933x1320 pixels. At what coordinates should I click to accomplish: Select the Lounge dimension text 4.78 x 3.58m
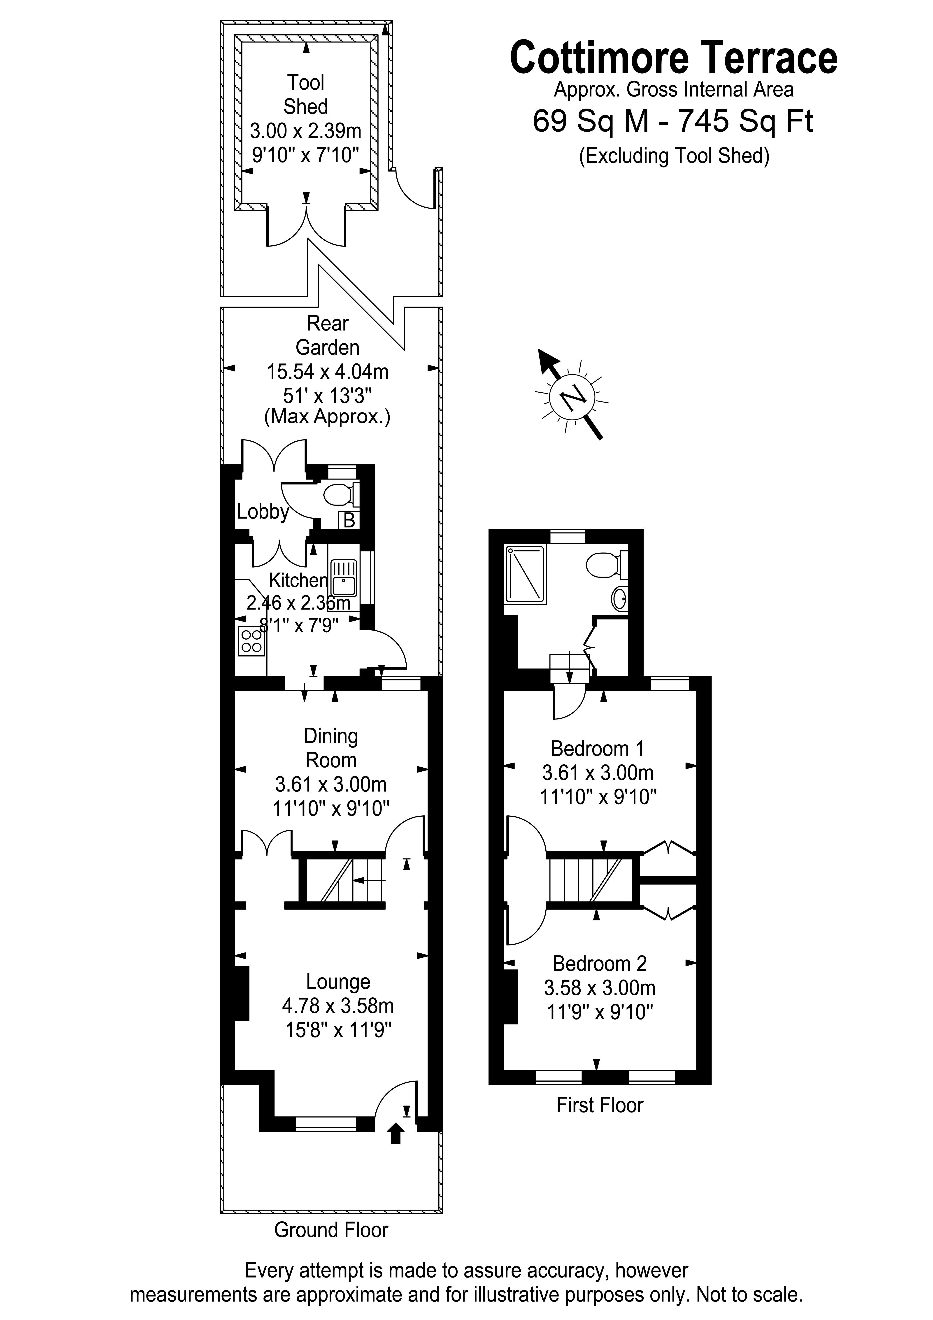pyautogui.click(x=338, y=1006)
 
